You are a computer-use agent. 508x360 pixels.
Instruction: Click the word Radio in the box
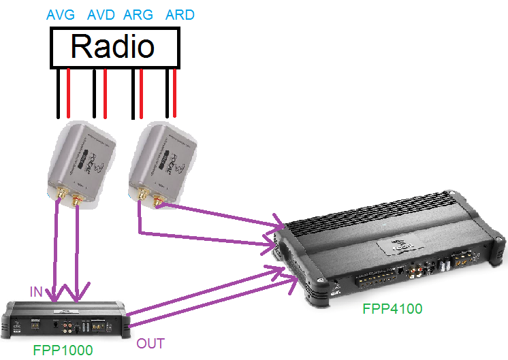[112, 47]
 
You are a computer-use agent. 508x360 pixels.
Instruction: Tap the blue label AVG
[61, 14]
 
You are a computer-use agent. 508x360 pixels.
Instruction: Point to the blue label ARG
[139, 14]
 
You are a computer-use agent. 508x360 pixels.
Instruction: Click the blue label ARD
[180, 14]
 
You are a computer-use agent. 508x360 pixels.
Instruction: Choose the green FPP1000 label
[63, 350]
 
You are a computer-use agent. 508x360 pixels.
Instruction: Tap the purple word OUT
[150, 343]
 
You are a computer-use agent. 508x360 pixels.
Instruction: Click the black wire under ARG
[132, 95]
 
